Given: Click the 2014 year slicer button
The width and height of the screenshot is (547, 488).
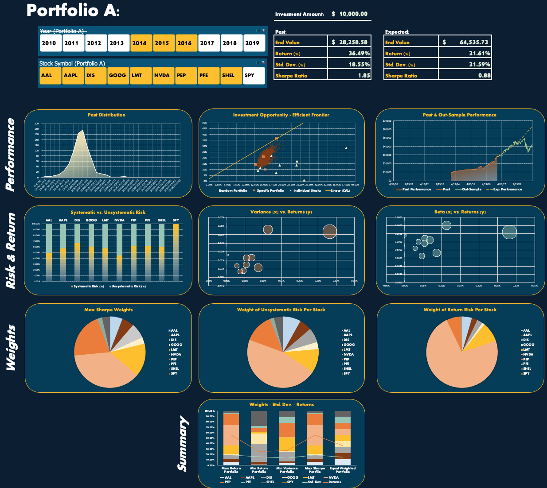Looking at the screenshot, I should tap(139, 43).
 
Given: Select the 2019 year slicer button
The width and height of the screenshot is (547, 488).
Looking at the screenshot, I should tap(252, 43).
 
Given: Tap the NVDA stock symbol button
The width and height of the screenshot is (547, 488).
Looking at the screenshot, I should tap(162, 75).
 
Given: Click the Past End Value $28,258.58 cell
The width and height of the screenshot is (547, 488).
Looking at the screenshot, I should tap(349, 42).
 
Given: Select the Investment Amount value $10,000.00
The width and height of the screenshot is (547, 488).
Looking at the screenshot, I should tap(350, 14).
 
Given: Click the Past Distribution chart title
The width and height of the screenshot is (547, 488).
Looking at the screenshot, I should tap(106, 115).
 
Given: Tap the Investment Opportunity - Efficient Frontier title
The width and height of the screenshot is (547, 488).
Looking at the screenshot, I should tap(281, 115).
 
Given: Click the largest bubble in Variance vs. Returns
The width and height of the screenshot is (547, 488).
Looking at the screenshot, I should tap(330, 231).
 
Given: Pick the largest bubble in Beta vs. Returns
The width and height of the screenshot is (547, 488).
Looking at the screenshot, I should tap(509, 232).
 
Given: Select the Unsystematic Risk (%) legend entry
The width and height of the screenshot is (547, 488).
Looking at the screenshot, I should tap(129, 287).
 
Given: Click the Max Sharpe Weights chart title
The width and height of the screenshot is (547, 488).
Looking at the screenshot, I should tap(108, 310).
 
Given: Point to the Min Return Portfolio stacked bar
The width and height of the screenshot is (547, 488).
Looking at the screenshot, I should tap(259, 438).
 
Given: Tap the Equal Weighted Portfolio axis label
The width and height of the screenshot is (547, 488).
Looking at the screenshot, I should tap(343, 470).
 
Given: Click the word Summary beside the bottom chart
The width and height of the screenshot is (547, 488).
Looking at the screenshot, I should tap(183, 443).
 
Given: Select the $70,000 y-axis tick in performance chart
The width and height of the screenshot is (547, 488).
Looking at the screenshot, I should tap(387, 121).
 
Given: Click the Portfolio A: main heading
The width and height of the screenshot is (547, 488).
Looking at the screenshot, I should tap(73, 10).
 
